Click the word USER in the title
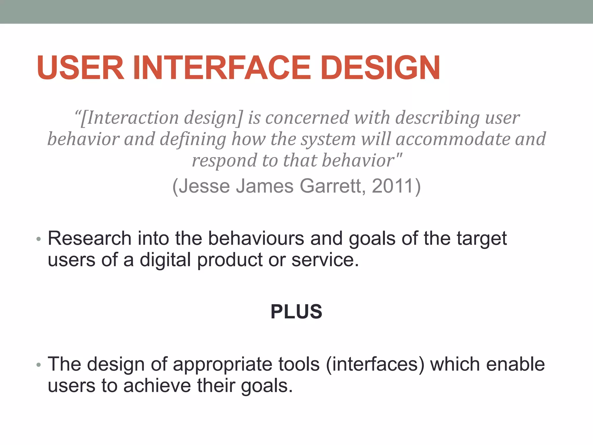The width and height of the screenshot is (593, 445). (80, 68)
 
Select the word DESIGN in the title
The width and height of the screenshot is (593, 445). (380, 68)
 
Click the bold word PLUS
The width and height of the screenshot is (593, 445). (296, 312)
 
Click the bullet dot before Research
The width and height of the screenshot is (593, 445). (39, 240)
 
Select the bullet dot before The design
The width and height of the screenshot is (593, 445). (39, 365)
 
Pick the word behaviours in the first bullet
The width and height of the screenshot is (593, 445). (256, 238)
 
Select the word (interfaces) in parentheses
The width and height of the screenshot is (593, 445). (375, 364)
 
